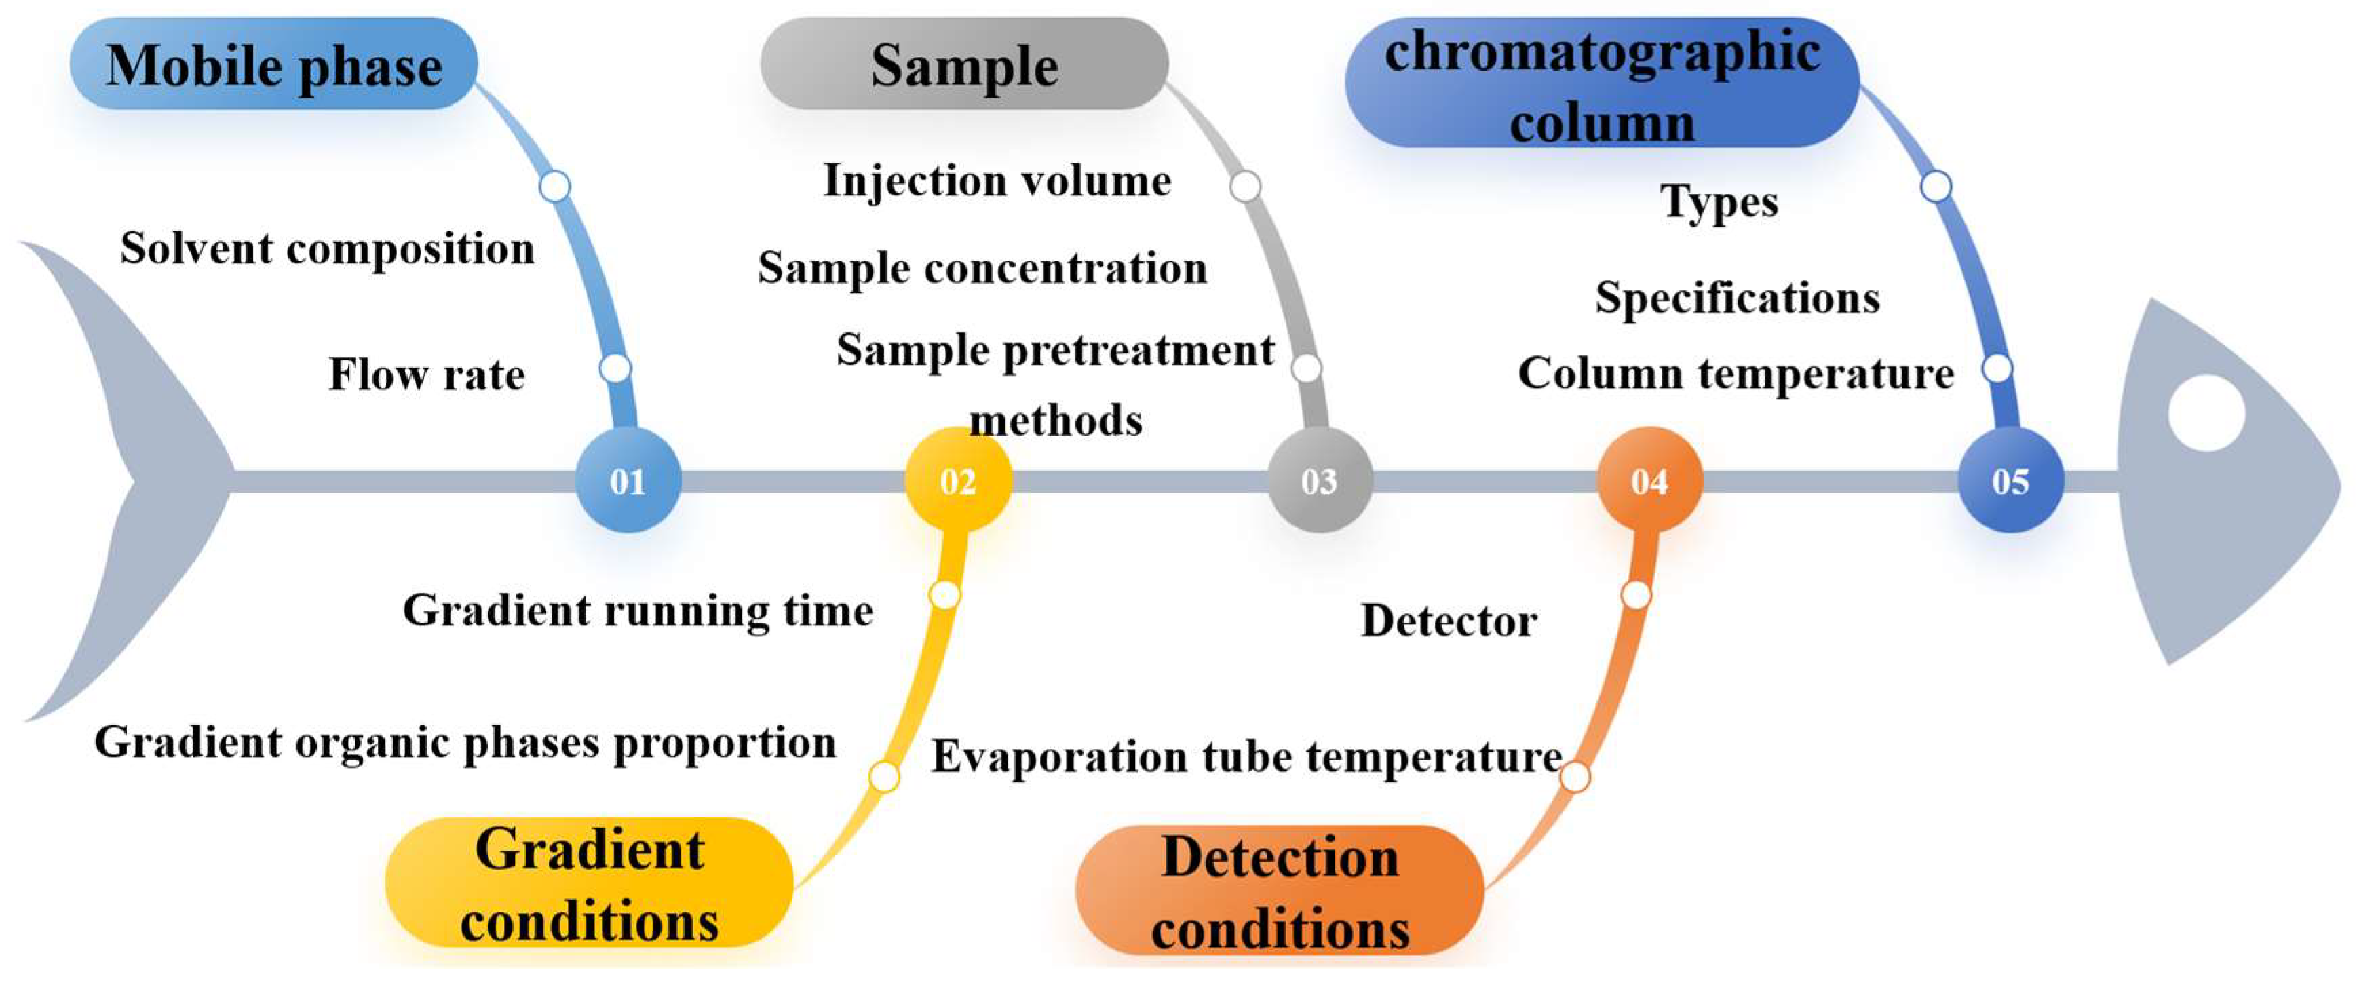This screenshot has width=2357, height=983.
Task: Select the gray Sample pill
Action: (x=964, y=64)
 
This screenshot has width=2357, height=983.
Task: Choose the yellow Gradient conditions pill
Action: (x=588, y=883)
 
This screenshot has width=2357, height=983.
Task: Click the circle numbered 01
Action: (x=628, y=480)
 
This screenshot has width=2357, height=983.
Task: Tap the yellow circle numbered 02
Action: (x=958, y=480)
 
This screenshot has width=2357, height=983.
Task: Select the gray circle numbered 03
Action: (x=1320, y=480)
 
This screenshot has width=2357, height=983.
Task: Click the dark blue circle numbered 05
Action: (x=2010, y=480)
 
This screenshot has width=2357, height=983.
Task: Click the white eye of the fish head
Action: (x=2207, y=412)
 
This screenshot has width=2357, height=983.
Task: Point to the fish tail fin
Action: (x=128, y=480)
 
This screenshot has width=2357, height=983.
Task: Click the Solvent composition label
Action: (x=328, y=248)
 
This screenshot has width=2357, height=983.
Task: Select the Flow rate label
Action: (x=426, y=374)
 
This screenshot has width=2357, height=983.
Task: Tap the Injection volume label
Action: (x=997, y=180)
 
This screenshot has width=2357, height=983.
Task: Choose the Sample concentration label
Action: (x=982, y=268)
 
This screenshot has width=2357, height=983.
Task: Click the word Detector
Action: (x=1449, y=621)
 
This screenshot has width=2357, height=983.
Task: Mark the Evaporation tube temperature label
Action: (x=1246, y=757)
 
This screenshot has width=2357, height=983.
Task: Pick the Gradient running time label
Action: (x=638, y=611)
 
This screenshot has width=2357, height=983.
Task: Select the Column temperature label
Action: (x=1736, y=373)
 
